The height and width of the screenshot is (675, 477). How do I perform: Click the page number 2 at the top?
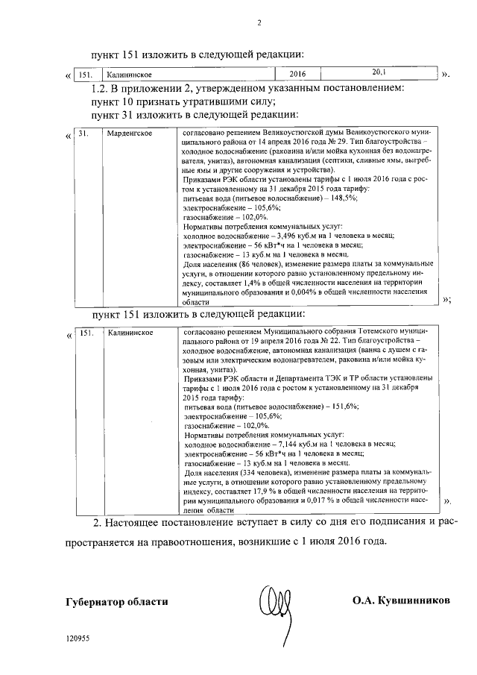click(260, 22)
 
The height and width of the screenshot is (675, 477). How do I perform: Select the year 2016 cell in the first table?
click(297, 75)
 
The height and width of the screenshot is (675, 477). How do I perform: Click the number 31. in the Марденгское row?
click(84, 133)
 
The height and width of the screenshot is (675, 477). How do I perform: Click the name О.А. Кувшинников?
click(402, 601)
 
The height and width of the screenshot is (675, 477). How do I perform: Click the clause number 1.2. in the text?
click(90, 88)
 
